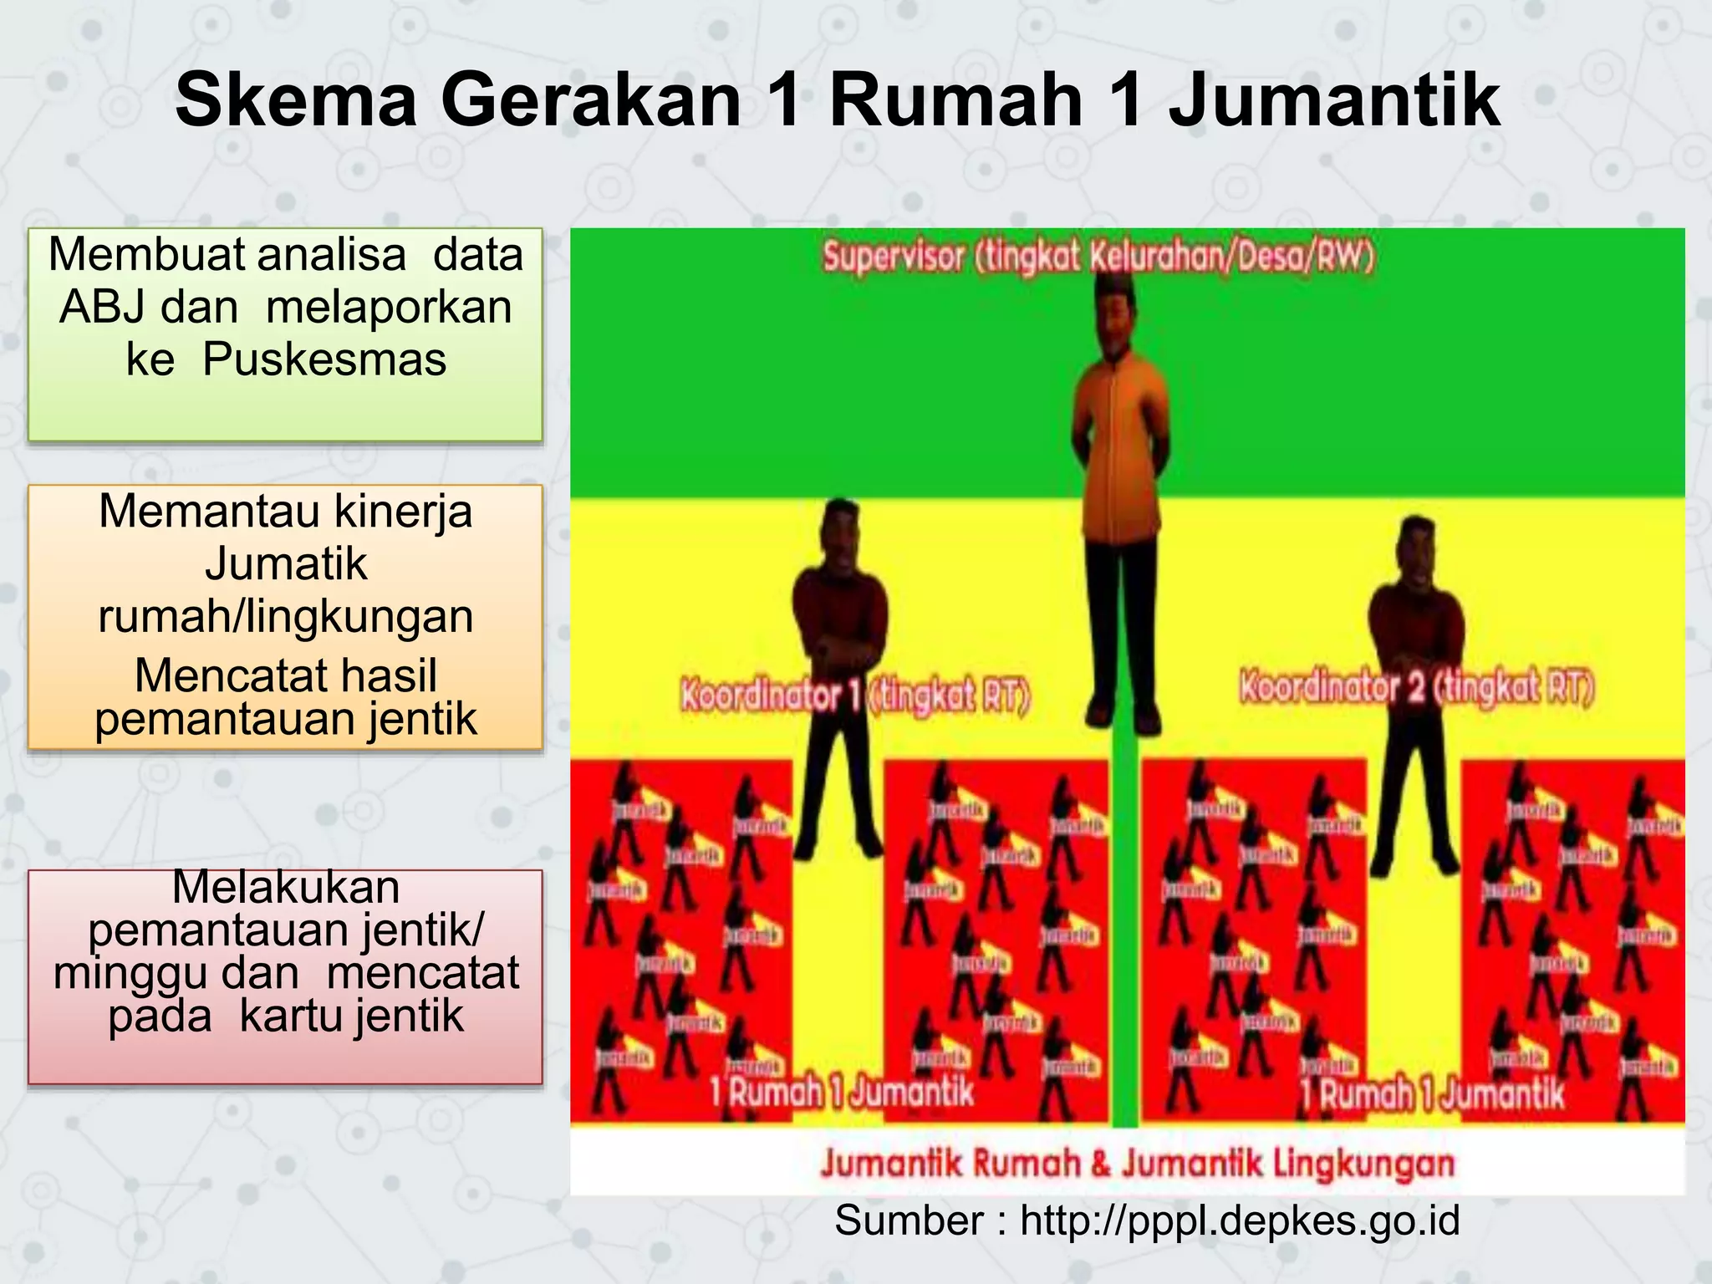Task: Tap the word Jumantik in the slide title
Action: tap(1334, 101)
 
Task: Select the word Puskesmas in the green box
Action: tap(324, 359)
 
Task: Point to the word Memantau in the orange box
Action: tap(203, 511)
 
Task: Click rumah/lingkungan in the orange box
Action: tap(286, 617)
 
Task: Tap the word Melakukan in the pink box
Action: tap(286, 887)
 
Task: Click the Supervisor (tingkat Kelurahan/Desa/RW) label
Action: tap(1098, 257)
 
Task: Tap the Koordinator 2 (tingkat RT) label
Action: tap(1417, 688)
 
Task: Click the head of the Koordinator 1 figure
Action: tap(839, 528)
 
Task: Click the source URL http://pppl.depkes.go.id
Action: tap(1240, 1221)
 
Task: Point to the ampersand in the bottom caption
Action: tap(1101, 1164)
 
